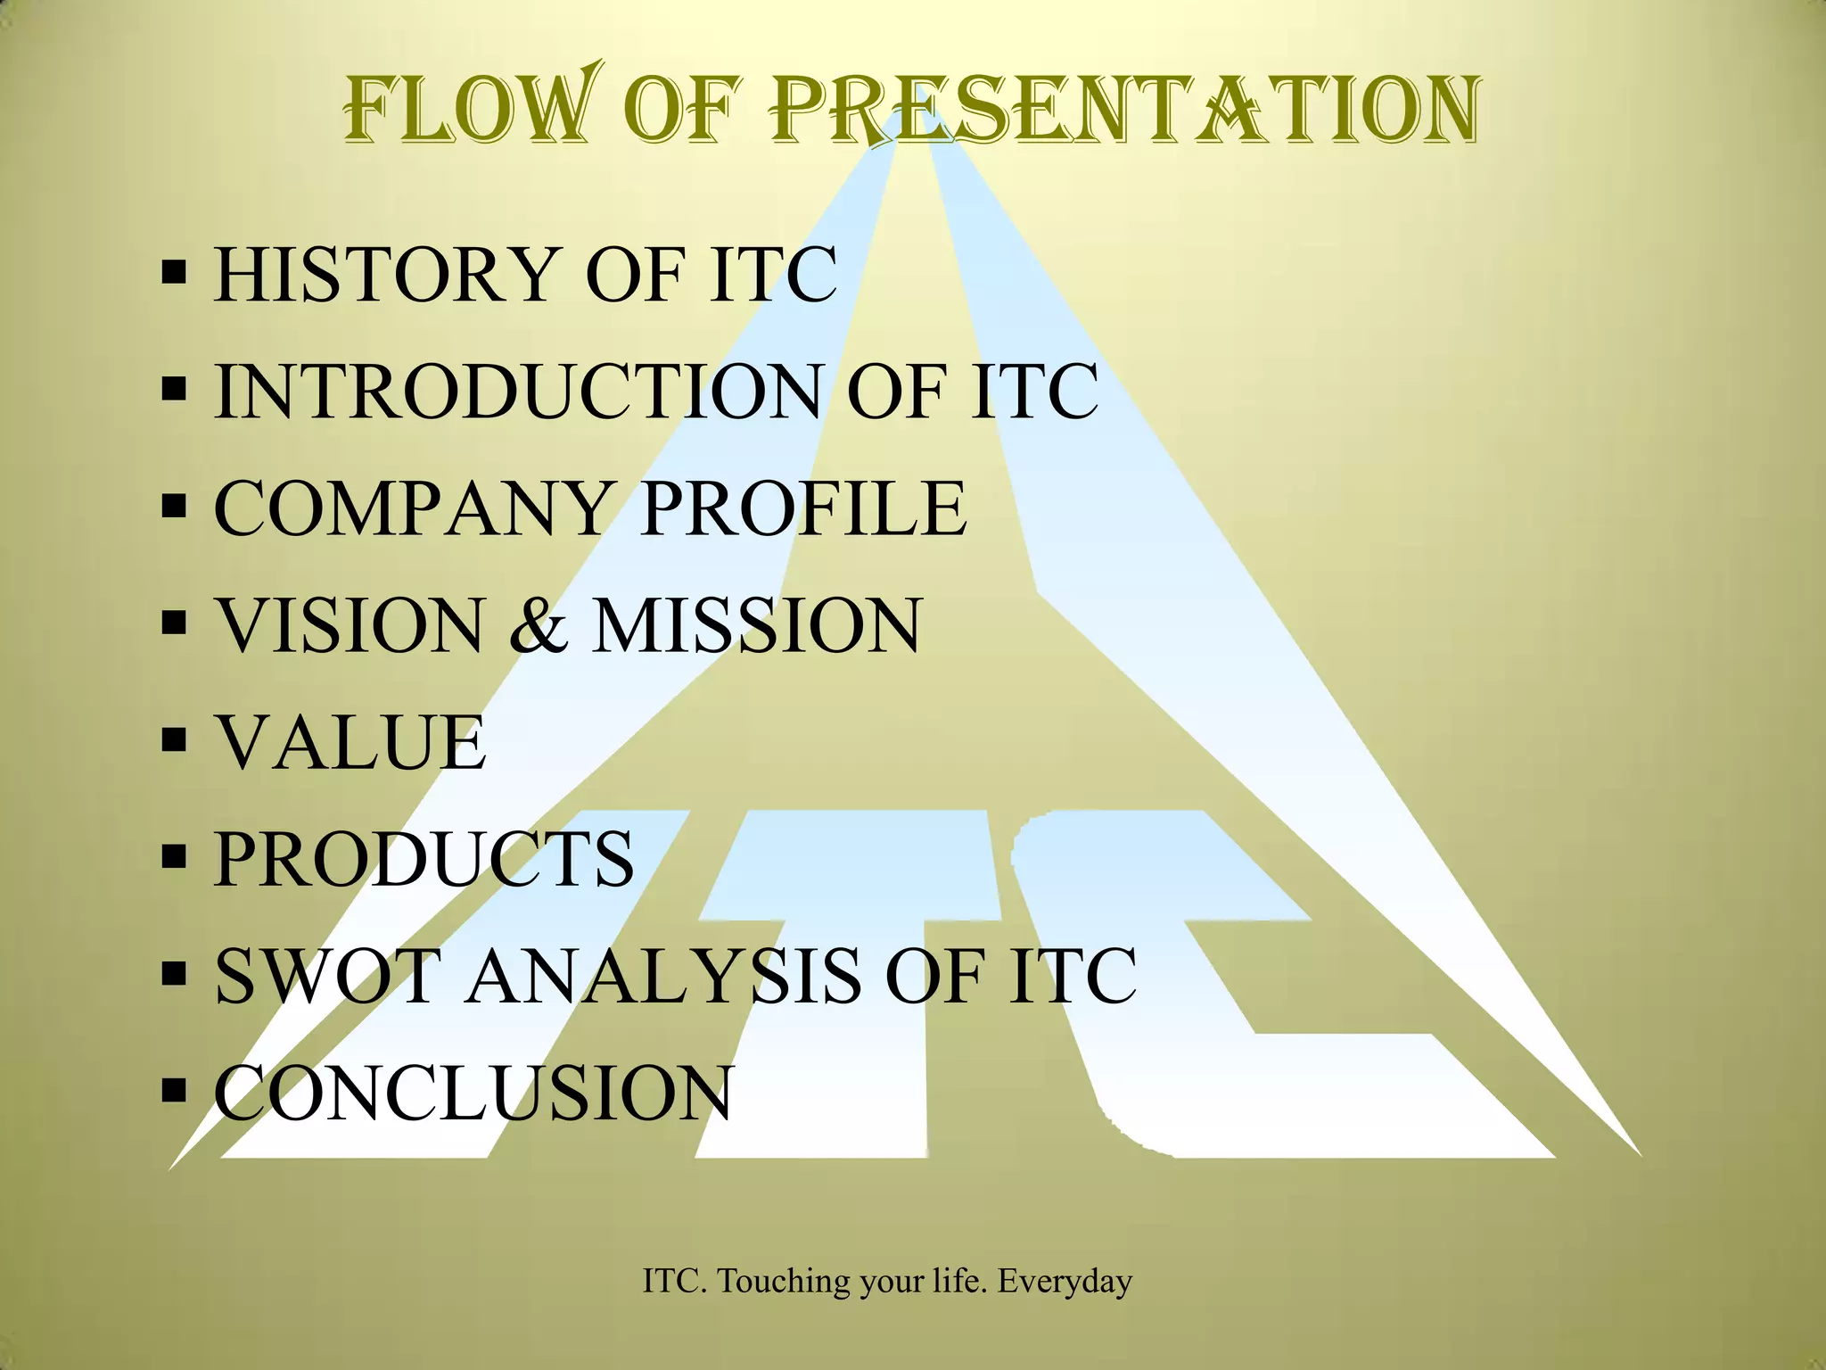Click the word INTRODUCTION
coord(517,392)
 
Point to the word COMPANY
coord(410,508)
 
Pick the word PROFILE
coord(803,508)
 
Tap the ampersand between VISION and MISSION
coord(537,625)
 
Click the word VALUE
coord(351,742)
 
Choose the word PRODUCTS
coord(424,859)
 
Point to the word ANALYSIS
coord(664,976)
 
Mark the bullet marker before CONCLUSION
coord(175,1089)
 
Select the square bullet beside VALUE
coord(175,739)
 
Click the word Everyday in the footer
coord(1065,1282)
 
